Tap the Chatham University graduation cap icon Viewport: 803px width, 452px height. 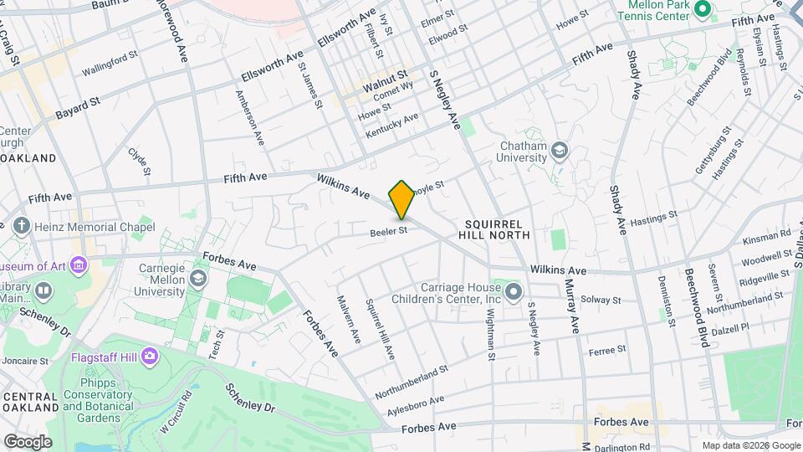[x=560, y=151]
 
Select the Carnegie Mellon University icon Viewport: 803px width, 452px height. [x=199, y=278]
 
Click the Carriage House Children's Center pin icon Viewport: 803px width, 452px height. [x=514, y=291]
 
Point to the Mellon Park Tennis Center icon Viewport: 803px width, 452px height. [x=703, y=10]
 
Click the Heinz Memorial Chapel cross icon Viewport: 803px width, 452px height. [x=21, y=226]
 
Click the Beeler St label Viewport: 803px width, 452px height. [x=390, y=230]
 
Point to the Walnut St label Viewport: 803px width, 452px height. [x=385, y=84]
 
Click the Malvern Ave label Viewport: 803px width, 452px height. [x=349, y=319]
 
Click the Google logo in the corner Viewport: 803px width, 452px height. [x=28, y=441]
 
